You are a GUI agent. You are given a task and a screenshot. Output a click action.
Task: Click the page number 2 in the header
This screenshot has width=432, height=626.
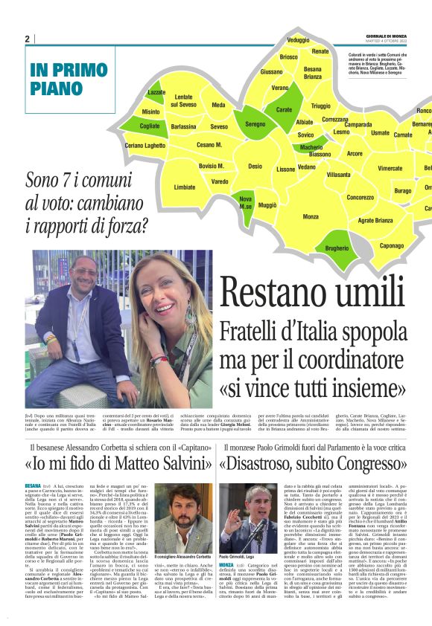point(27,39)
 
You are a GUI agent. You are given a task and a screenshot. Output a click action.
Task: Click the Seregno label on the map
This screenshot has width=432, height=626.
point(255,124)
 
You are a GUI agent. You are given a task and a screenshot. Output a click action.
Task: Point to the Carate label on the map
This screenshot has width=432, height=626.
point(284,109)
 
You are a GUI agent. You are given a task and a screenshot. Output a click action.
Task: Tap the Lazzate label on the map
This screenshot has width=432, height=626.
point(156,92)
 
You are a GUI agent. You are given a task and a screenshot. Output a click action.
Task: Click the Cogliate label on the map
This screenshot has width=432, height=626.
point(149,127)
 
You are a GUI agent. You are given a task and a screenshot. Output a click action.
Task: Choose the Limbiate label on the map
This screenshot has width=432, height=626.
point(185,187)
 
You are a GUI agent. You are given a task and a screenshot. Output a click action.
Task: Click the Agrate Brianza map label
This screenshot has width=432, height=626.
point(375,220)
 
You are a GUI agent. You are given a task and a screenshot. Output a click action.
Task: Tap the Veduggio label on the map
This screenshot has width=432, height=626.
point(298,39)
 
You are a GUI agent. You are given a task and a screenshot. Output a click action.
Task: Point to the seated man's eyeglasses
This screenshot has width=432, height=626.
point(81,271)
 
